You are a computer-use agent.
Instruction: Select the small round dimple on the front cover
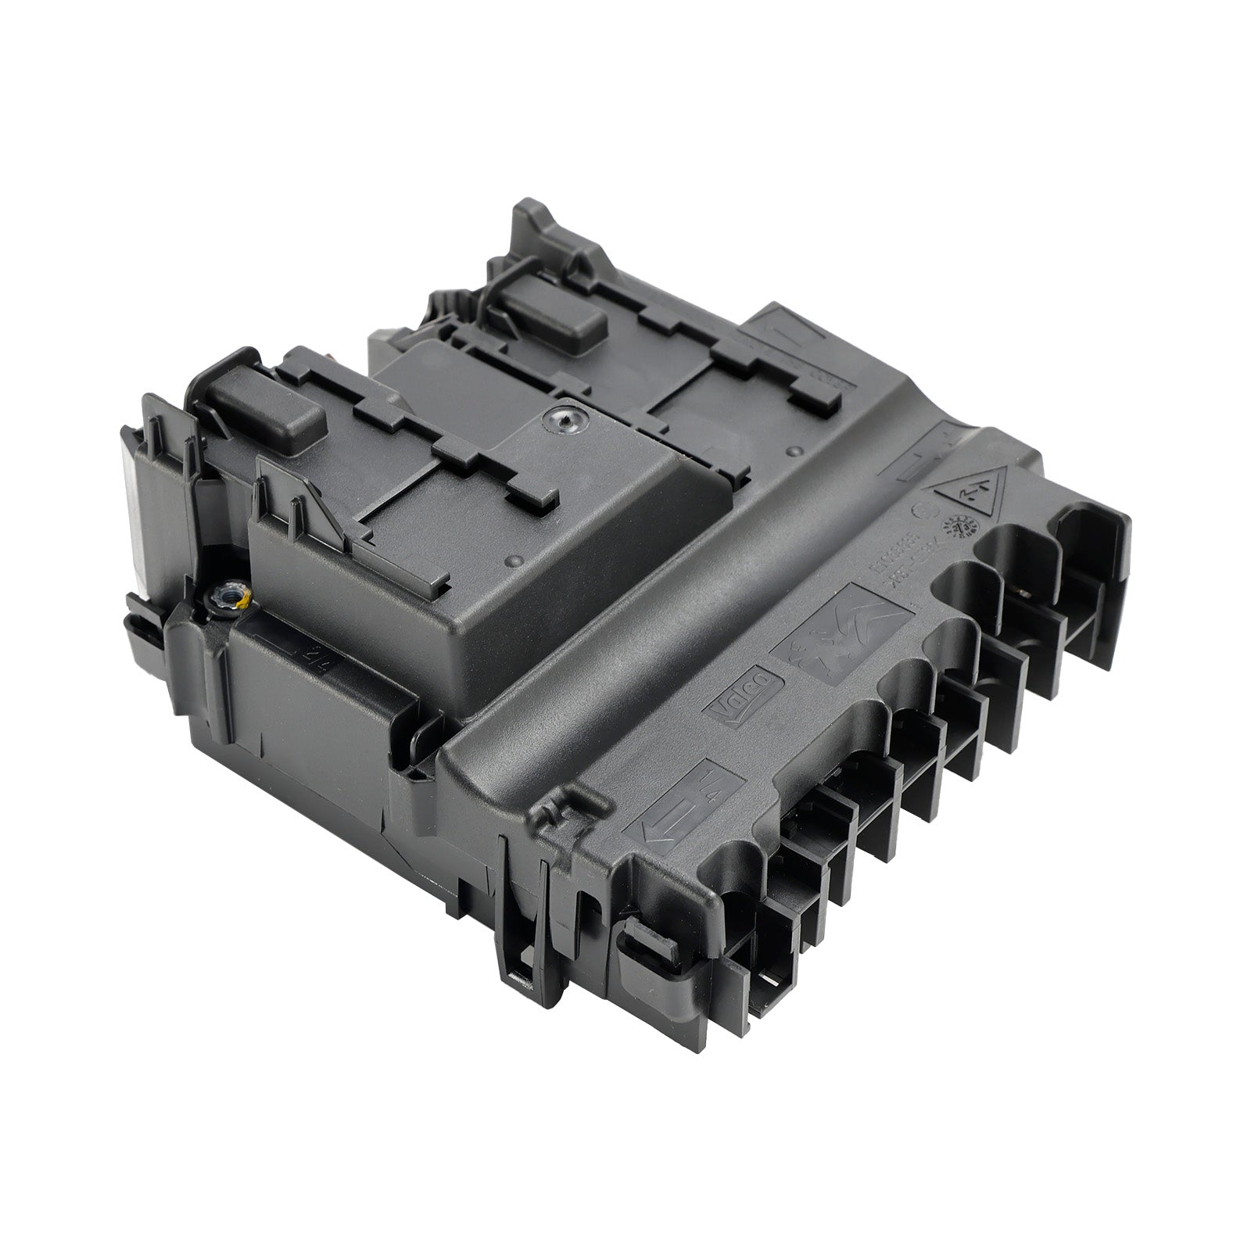[512, 560]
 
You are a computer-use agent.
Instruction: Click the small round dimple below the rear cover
[796, 450]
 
